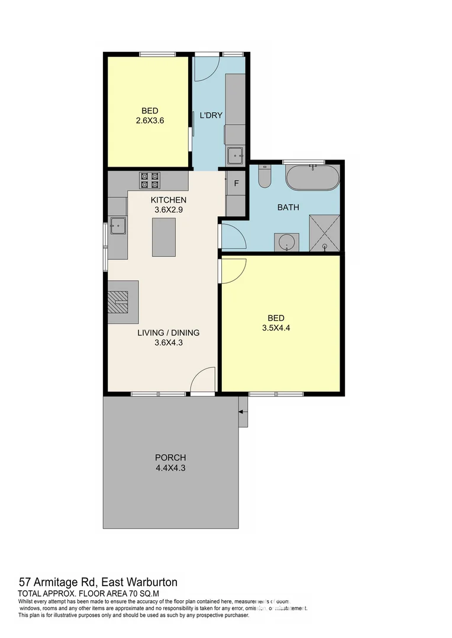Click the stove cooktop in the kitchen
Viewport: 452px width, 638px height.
(x=149, y=179)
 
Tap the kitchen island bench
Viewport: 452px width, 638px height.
(x=164, y=237)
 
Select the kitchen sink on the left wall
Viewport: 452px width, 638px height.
(x=118, y=226)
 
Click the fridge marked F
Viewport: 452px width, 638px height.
(x=236, y=183)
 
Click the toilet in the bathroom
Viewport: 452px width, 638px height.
(x=264, y=176)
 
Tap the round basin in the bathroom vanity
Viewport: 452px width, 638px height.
(x=287, y=242)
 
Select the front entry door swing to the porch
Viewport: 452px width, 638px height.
(x=202, y=379)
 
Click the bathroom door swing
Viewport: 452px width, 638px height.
(x=232, y=237)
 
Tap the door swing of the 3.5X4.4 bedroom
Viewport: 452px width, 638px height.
(x=232, y=271)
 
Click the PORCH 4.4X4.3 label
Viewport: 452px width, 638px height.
(x=170, y=463)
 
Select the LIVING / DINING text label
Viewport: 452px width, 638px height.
(x=168, y=333)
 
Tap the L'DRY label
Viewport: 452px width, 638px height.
(x=211, y=115)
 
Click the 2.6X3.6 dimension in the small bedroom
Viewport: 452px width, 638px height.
(x=149, y=121)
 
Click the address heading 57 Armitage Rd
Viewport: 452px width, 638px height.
(x=98, y=582)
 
